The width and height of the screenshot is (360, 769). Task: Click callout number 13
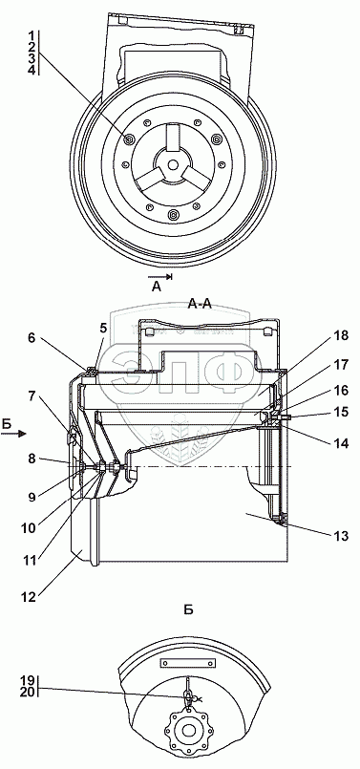pyautogui.click(x=340, y=536)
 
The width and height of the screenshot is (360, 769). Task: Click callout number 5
pyautogui.click(x=103, y=329)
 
